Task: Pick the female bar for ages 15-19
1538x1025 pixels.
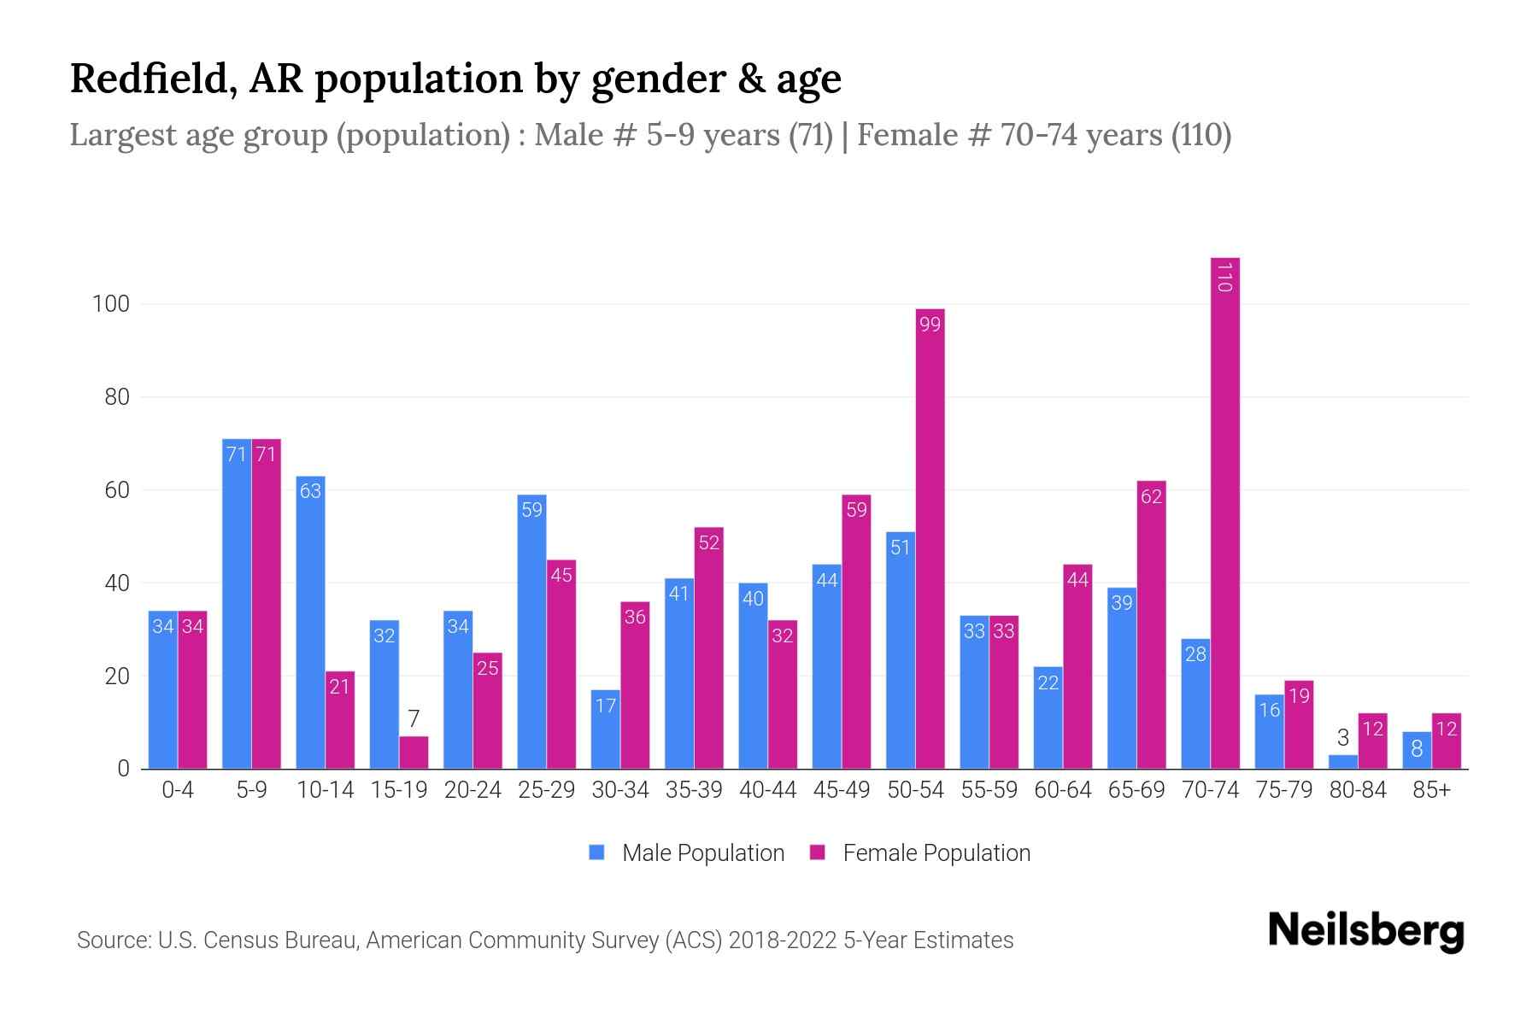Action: coord(414,753)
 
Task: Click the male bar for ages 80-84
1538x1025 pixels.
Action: coord(1342,762)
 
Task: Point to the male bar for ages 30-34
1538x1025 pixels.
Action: coord(605,730)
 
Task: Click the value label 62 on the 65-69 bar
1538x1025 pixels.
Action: coord(1151,496)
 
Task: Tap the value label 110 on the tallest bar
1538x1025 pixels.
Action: coord(1224,278)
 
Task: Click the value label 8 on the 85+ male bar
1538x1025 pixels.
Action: coord(1416,749)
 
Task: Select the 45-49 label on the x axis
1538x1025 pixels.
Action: coord(841,790)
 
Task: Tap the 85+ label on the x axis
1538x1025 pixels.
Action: coord(1431,790)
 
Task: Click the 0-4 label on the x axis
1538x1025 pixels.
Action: coord(178,790)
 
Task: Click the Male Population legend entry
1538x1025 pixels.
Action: coord(702,852)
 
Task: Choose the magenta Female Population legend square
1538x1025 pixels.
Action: coord(818,852)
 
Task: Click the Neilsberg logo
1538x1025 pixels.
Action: coord(1365,931)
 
